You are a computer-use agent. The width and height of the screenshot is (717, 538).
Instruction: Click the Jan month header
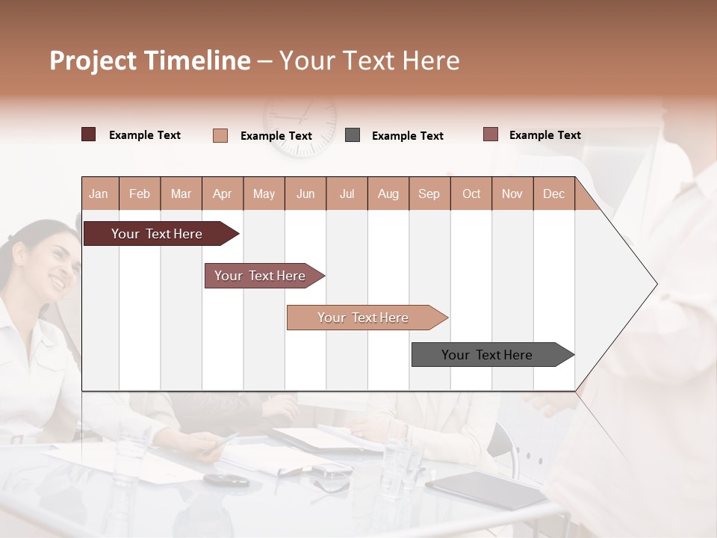coord(99,194)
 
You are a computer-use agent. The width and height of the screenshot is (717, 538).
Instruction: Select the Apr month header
coord(223,194)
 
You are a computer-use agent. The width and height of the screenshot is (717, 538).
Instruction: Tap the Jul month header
coord(347,194)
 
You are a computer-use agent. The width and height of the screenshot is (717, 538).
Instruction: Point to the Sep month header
coord(429,194)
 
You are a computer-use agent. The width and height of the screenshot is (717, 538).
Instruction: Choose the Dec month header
coord(553,194)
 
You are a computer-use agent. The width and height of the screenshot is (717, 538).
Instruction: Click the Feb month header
coord(140,194)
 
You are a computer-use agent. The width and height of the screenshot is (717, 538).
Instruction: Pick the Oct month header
coord(471,194)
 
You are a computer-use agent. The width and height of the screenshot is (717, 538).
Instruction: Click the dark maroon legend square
coord(88,134)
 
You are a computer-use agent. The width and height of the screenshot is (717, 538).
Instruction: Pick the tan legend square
coord(220,135)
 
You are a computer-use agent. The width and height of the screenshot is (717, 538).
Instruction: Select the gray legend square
coord(353,135)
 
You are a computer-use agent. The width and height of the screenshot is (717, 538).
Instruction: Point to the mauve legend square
coord(491,134)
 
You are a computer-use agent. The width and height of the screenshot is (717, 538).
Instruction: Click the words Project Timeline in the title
coord(150,61)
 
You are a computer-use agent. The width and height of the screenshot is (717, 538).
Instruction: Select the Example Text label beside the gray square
coord(407,136)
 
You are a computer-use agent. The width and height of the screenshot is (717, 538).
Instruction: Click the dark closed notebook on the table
coord(485,489)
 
